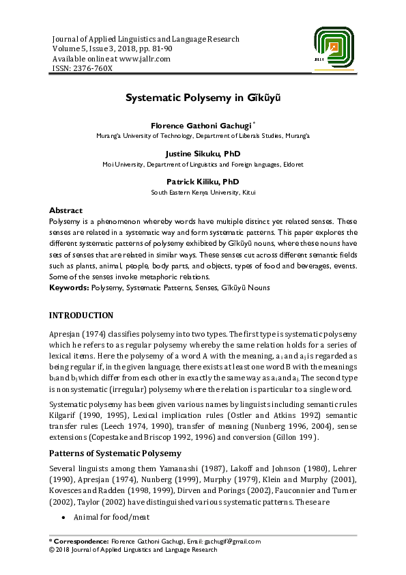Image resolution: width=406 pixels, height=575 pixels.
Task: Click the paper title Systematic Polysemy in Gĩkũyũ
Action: (203, 98)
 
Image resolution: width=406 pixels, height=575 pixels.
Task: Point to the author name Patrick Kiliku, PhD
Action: (203, 182)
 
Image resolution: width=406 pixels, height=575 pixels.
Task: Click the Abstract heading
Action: (66, 211)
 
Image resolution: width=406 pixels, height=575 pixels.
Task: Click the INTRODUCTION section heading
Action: (81, 315)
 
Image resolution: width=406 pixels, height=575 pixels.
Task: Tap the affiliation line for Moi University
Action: (203, 165)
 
